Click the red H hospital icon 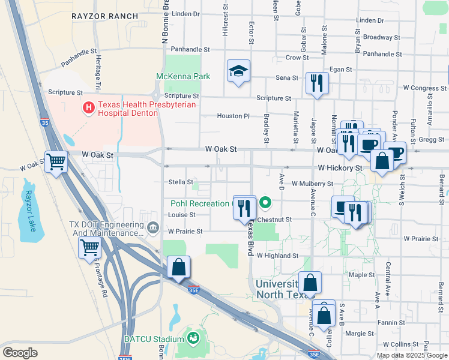[x=88, y=108]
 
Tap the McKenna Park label [x=183, y=76]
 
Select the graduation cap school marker [x=238, y=72]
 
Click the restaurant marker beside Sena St [x=316, y=83]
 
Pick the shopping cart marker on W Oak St [x=56, y=161]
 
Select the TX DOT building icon [x=153, y=228]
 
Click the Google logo [x=20, y=352]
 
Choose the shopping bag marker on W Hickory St [x=382, y=161]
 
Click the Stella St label [x=181, y=182]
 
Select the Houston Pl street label [x=233, y=116]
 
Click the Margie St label [x=360, y=334]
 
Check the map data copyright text [x=412, y=355]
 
